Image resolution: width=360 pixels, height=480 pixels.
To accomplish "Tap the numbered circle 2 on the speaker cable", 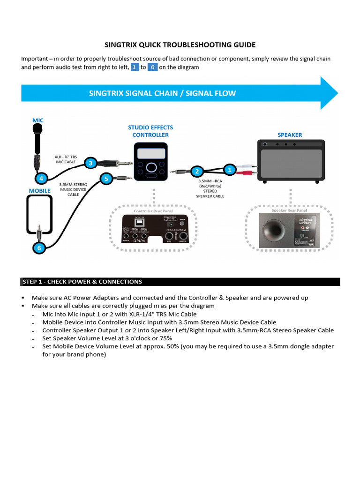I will pyautogui.click(x=197, y=172).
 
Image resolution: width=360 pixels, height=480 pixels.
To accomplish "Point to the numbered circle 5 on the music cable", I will pyautogui.click(x=106, y=179).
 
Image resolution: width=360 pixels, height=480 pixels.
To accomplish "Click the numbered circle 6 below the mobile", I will pyautogui.click(x=39, y=247).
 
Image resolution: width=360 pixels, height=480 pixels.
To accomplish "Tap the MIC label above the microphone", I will pyautogui.click(x=37, y=120).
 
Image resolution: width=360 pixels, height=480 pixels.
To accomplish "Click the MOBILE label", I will pyautogui.click(x=39, y=191).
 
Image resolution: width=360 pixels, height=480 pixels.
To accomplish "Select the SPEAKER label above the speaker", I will pyautogui.click(x=290, y=135).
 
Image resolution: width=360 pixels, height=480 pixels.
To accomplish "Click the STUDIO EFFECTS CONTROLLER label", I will pyautogui.click(x=150, y=131).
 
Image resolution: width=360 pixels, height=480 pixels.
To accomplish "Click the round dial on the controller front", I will pyautogui.click(x=151, y=168).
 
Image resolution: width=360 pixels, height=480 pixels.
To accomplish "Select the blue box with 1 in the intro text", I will pyautogui.click(x=135, y=67).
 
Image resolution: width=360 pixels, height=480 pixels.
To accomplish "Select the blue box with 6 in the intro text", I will pyautogui.click(x=152, y=67).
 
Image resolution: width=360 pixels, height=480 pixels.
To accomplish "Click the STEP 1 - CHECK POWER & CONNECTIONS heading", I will pyautogui.click(x=82, y=282).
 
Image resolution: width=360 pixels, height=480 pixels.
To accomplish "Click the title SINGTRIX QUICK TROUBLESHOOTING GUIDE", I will pyautogui.click(x=180, y=45).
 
